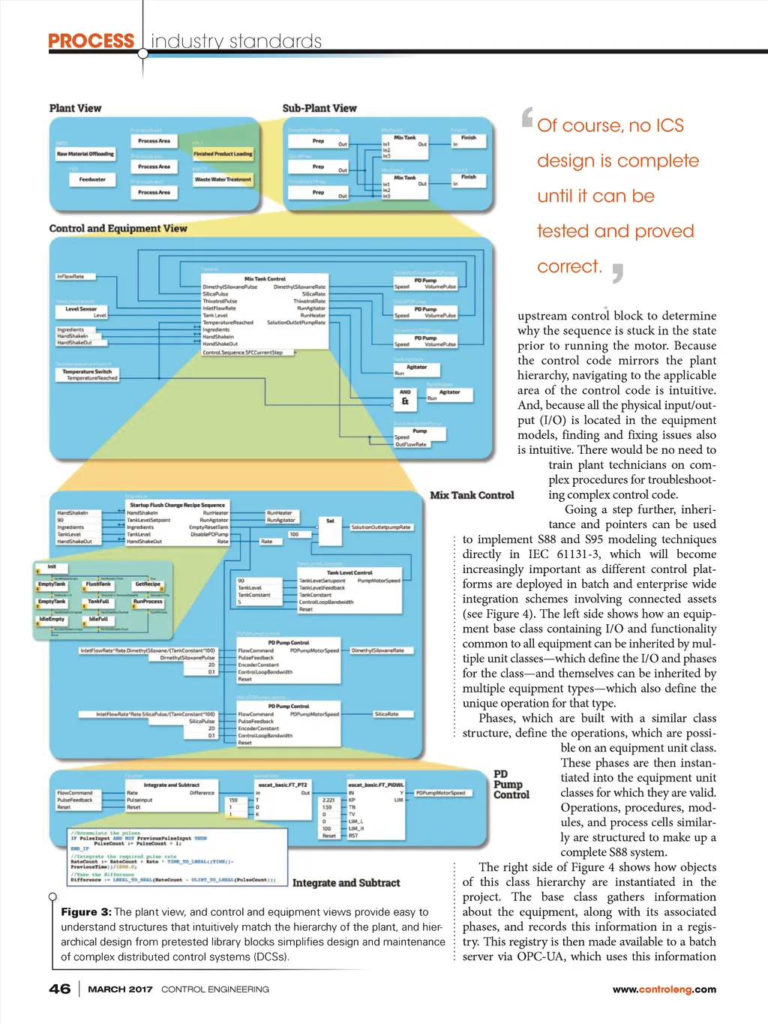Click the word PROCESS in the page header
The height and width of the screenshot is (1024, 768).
(91, 41)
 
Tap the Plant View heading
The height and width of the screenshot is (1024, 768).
(75, 108)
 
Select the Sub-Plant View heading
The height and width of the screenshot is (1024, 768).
(319, 108)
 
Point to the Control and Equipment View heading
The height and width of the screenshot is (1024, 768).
(118, 228)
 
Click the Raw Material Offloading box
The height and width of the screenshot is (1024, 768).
(85, 154)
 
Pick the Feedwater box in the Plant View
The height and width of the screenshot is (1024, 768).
(92, 179)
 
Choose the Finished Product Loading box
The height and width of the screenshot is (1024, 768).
(223, 154)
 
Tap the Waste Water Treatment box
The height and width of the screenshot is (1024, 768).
(223, 179)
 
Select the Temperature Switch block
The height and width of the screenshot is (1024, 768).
(87, 371)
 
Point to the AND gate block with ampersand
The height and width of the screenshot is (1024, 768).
(405, 397)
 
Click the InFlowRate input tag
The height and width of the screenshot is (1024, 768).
(71, 277)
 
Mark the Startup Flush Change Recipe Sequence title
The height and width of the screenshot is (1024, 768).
(177, 505)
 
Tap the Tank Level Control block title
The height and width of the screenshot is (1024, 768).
(349, 572)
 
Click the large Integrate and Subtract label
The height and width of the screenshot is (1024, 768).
(346, 883)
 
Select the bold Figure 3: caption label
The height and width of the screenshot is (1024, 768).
(86, 911)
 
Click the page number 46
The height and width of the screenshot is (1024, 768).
(60, 989)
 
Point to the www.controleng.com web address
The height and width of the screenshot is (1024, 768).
(664, 989)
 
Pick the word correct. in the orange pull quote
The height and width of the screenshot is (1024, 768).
(569, 266)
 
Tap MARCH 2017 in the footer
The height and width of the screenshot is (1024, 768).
(120, 989)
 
